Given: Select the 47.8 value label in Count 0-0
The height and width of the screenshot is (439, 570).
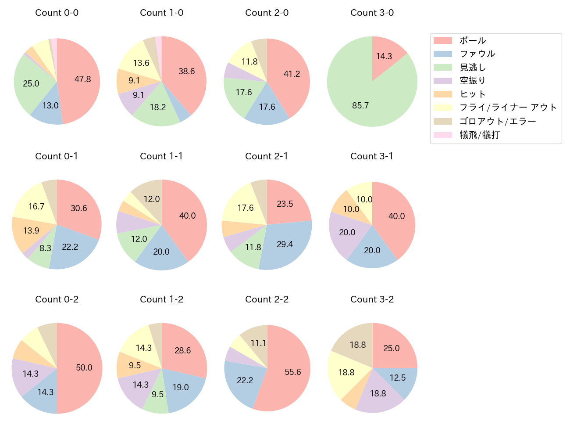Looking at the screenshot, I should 82,79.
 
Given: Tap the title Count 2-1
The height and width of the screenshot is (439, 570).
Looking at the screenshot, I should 267,156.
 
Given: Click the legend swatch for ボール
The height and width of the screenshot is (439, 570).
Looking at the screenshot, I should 442,41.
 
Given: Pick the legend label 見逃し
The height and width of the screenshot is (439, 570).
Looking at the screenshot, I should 473,68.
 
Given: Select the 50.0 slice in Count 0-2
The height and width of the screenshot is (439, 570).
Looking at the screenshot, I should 81,368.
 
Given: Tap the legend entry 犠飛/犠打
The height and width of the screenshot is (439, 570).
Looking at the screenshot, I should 480,135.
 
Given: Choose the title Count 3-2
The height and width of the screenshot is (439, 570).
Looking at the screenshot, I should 372,299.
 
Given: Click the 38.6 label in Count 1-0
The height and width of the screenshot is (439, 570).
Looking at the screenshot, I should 187,71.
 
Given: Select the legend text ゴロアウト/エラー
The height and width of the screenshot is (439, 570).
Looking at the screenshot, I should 498,122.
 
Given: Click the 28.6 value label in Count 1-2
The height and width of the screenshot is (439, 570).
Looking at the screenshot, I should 182,350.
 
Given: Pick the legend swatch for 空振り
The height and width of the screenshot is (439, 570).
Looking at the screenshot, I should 442,81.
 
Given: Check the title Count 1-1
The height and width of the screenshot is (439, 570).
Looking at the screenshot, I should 161,156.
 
